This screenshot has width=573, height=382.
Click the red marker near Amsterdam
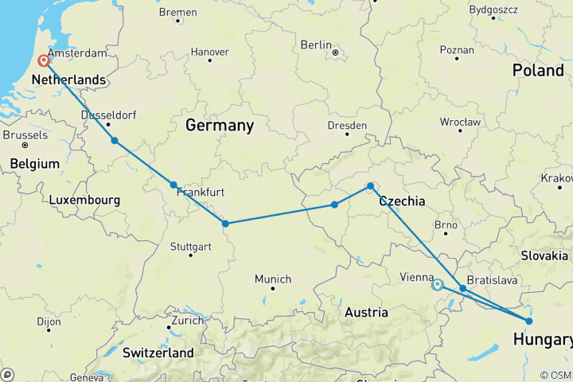(43, 60)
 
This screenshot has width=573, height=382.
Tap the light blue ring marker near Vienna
(437, 284)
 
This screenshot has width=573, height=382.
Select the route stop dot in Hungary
(529, 321)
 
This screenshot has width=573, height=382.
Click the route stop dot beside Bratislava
(462, 289)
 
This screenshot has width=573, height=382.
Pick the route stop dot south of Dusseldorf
(115, 141)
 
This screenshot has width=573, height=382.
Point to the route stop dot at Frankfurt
(173, 185)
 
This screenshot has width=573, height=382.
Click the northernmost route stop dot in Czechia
(370, 186)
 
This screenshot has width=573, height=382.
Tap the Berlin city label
(316, 45)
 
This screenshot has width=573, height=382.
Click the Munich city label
(273, 279)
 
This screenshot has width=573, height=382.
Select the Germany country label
(220, 126)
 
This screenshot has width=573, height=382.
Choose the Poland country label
(537, 70)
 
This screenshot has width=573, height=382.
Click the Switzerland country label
(158, 352)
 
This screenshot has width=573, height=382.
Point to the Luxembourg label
(84, 200)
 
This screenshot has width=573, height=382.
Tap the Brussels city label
(25, 135)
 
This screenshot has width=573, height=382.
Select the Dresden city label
(347, 125)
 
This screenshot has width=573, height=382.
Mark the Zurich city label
(189, 320)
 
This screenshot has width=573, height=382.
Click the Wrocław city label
(460, 122)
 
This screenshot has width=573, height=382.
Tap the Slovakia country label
(545, 255)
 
